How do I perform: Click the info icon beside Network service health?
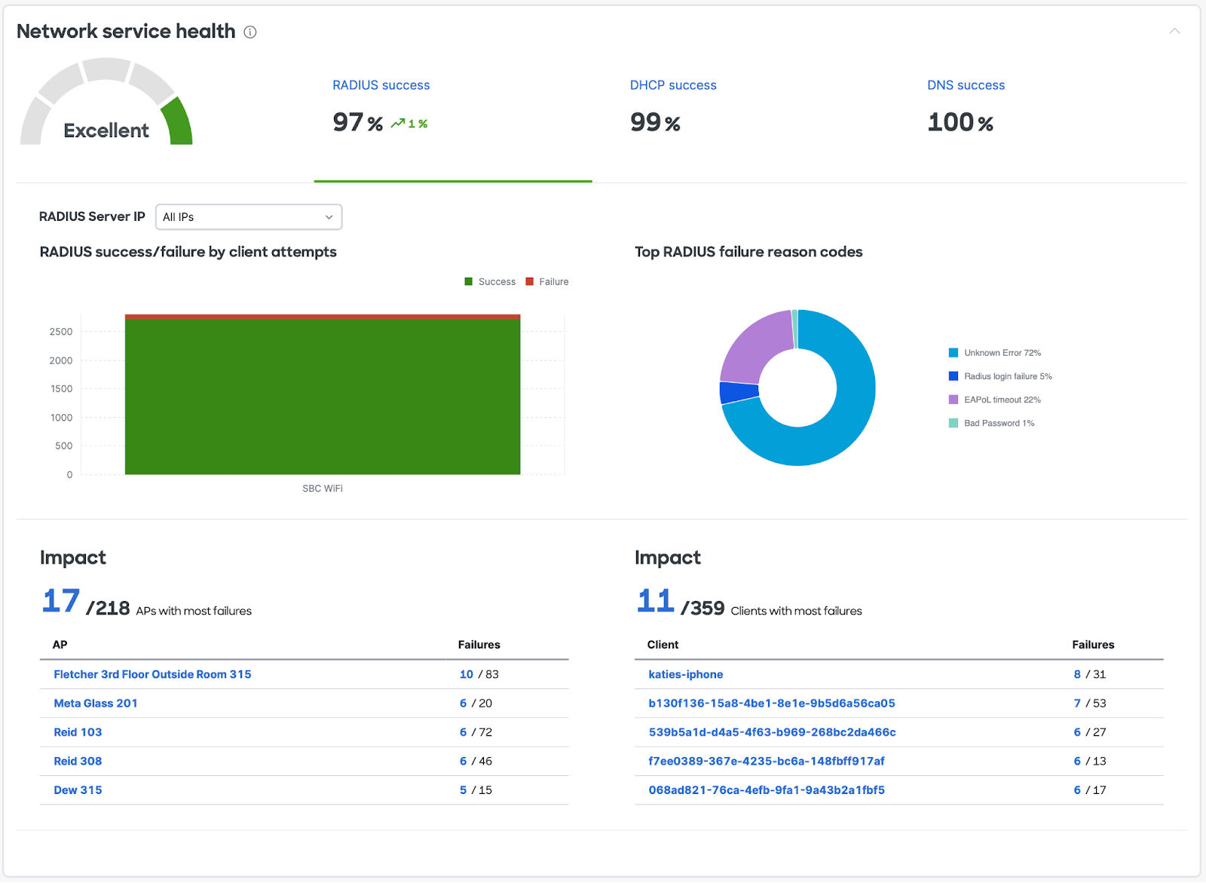pyautogui.click(x=250, y=32)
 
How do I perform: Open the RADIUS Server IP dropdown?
pyautogui.click(x=249, y=217)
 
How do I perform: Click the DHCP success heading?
pyautogui.click(x=673, y=85)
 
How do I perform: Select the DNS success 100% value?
pyautogui.click(x=960, y=122)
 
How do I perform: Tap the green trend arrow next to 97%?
pyautogui.click(x=398, y=124)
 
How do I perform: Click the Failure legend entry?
pyautogui.click(x=547, y=282)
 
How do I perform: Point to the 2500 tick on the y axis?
pyautogui.click(x=61, y=332)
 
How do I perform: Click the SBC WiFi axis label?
pyautogui.click(x=323, y=489)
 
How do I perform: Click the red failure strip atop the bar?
pyautogui.click(x=323, y=317)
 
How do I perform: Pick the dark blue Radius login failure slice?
pyautogui.click(x=739, y=392)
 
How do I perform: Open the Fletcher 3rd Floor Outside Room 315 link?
pyautogui.click(x=152, y=674)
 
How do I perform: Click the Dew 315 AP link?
pyautogui.click(x=78, y=790)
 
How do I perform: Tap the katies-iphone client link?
pyautogui.click(x=685, y=674)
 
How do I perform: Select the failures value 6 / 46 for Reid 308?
pyautogui.click(x=476, y=762)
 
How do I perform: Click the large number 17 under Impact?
pyautogui.click(x=61, y=601)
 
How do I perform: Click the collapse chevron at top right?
pyautogui.click(x=1174, y=31)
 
